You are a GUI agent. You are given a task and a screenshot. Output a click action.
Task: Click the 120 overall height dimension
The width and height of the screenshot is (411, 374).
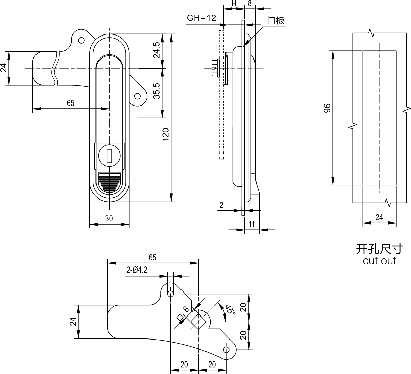pyautogui.click(x=166, y=134)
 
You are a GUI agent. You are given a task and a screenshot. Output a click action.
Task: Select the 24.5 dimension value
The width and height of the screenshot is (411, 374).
pyautogui.click(x=157, y=50)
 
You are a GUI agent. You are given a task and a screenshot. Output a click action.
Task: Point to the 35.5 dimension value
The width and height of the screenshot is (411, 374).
pyautogui.click(x=157, y=91)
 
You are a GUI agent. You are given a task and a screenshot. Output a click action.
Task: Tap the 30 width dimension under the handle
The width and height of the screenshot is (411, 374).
pyautogui.click(x=109, y=219)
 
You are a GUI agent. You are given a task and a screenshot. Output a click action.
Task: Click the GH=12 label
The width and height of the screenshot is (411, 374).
pyautogui.click(x=201, y=18)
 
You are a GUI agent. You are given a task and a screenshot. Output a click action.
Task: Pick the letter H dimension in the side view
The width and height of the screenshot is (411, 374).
pyautogui.click(x=234, y=4)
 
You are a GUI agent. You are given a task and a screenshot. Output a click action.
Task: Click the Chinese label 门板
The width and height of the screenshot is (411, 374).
pyautogui.click(x=276, y=21)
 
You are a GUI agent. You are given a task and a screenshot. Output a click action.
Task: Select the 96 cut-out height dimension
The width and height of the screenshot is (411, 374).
pyautogui.click(x=327, y=108)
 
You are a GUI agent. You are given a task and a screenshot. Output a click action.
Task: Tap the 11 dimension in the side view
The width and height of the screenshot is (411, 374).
pyautogui.click(x=251, y=225)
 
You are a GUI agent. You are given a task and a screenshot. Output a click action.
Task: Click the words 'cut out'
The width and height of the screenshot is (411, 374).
pyautogui.click(x=380, y=261)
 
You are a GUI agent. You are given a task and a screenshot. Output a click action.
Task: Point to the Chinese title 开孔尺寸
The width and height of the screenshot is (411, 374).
pyautogui.click(x=380, y=249)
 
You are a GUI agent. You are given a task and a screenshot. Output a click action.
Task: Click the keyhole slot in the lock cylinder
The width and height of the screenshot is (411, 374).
pyautogui.click(x=110, y=156)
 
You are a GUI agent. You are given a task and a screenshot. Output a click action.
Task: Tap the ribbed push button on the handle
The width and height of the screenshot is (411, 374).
pyautogui.click(x=110, y=182)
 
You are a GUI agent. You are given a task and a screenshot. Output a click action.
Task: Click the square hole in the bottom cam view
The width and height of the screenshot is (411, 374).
pyautogui.click(x=198, y=322)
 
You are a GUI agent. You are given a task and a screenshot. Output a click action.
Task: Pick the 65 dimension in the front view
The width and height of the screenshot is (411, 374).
pyautogui.click(x=71, y=103)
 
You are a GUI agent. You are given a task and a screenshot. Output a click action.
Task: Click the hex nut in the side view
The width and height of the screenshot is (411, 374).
pyautogui.click(x=215, y=68)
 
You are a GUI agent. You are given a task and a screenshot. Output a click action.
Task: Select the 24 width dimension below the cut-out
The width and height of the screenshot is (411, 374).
pyautogui.click(x=379, y=217)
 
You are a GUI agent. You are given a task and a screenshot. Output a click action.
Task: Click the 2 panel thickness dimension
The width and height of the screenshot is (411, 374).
pyautogui.click(x=221, y=205)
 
